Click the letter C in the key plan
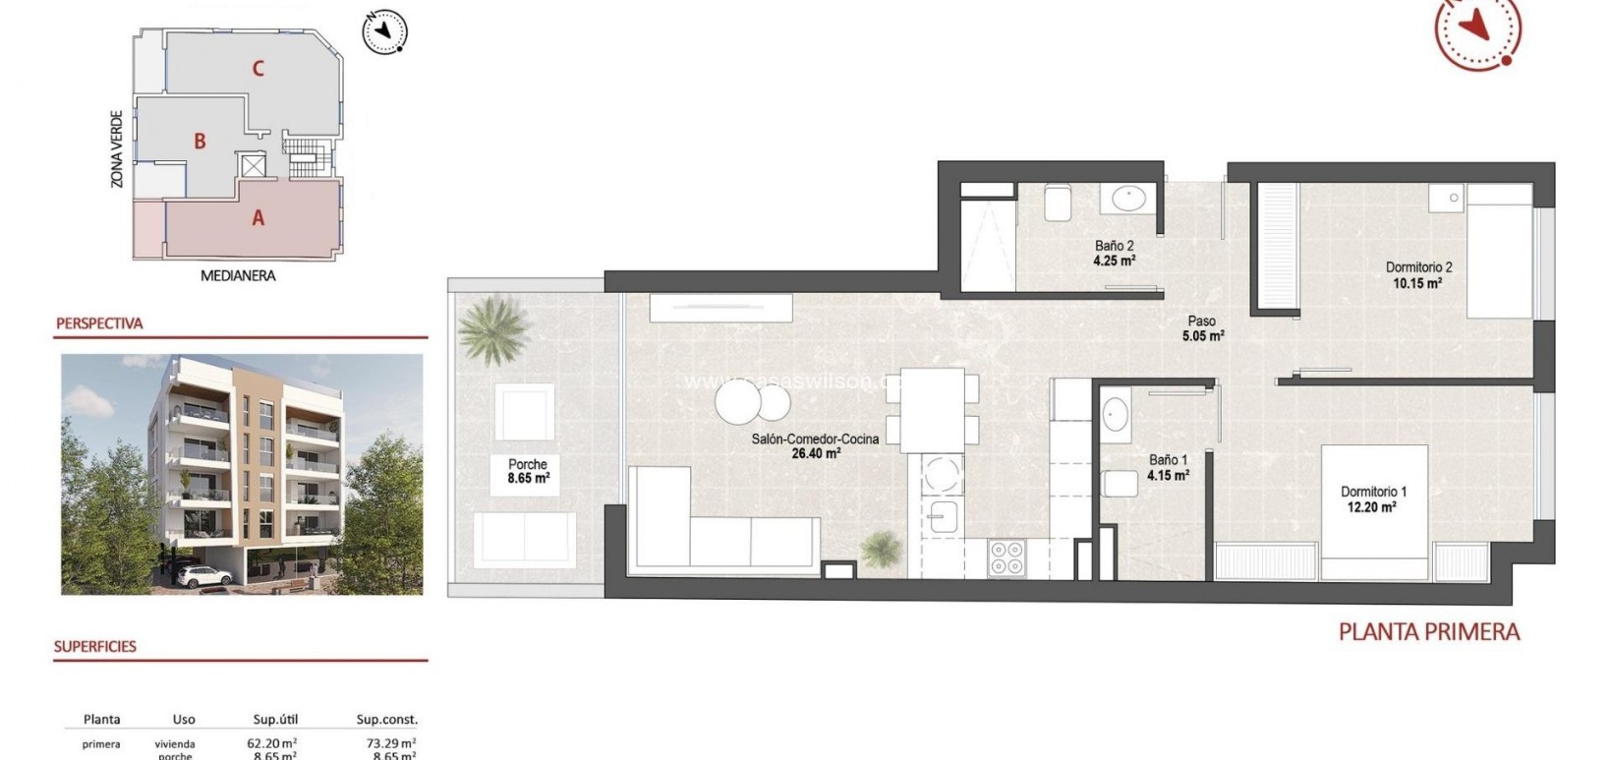[258, 68]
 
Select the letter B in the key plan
[200, 142]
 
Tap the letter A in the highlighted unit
[258, 218]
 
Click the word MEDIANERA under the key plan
[238, 276]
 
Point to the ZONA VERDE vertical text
[117, 148]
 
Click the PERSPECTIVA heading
[99, 323]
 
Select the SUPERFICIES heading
[95, 647]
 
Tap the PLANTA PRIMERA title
[1429, 632]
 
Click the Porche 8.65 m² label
[528, 472]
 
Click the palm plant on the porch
[491, 327]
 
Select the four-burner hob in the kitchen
[1006, 557]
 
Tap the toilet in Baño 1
[1119, 485]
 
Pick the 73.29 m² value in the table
[386, 744]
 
